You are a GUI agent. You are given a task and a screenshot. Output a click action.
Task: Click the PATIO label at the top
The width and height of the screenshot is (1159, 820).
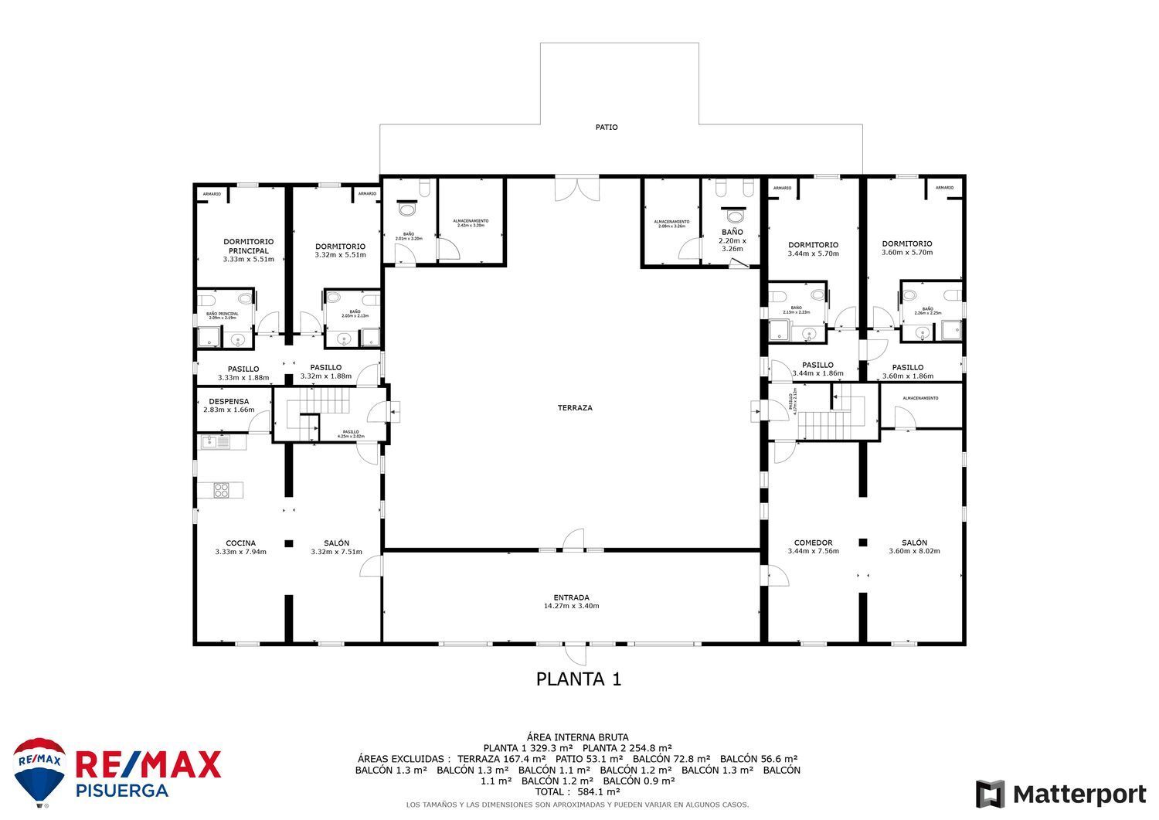(607, 128)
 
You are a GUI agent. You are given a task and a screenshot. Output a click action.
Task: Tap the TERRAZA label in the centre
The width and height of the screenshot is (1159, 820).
(575, 407)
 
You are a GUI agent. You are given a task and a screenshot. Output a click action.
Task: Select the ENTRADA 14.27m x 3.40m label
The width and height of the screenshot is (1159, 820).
(571, 601)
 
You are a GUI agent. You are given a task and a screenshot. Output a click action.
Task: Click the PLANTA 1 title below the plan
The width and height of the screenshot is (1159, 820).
(579, 679)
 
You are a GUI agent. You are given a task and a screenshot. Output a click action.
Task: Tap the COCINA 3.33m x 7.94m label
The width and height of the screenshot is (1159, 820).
(240, 547)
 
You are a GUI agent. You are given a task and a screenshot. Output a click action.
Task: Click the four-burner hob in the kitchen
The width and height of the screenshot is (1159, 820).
(221, 489)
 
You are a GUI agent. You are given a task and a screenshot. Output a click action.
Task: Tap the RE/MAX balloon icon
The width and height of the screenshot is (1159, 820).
(39, 771)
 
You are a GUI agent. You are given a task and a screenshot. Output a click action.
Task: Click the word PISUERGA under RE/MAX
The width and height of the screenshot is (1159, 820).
(121, 791)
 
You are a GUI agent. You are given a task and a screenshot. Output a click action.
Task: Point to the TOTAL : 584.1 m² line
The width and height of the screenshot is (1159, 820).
(578, 791)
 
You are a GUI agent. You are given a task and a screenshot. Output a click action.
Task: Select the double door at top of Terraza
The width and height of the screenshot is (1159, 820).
(576, 189)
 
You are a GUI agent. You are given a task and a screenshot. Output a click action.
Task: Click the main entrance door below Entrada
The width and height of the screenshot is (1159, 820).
(575, 654)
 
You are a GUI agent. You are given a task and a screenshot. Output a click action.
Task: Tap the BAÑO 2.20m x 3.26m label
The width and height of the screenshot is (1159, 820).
(732, 240)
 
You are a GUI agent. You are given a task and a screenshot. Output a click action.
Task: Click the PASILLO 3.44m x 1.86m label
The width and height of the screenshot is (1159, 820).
(817, 369)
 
